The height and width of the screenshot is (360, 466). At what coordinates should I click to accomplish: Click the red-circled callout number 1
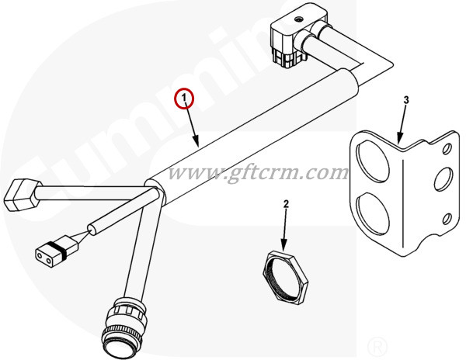point(184,98)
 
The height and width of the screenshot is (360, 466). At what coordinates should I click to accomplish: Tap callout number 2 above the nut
point(286,204)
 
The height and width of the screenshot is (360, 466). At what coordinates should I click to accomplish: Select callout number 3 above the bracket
point(406,100)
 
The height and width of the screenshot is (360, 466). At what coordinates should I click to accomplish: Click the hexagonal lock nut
point(286,277)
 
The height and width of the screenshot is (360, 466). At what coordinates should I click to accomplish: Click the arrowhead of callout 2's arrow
point(285,245)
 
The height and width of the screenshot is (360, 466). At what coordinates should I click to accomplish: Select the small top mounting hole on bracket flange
point(447,149)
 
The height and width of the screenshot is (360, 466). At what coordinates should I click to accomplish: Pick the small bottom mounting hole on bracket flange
point(447,220)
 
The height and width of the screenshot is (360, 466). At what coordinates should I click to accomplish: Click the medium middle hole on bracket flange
point(443,179)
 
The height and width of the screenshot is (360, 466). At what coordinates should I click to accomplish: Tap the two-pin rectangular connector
point(57,251)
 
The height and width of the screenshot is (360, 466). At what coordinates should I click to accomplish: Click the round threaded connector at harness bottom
point(124,326)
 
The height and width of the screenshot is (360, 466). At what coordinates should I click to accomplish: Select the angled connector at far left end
point(22,195)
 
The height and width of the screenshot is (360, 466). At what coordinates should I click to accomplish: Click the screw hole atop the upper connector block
point(298,20)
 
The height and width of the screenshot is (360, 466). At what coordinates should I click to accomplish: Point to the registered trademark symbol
point(377,346)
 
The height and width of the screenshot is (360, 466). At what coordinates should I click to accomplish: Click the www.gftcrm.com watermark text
point(258,172)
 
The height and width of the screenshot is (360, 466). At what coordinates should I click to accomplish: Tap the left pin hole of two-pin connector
point(40,255)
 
